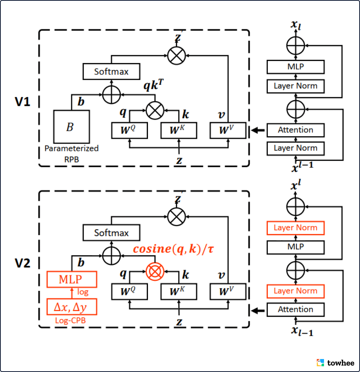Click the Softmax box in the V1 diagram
point(111,71)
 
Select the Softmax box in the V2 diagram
point(111,233)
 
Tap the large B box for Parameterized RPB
point(71,127)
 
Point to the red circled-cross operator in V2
point(155,271)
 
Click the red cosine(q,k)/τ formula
point(173,249)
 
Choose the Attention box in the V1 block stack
point(296,130)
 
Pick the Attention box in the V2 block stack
point(296,309)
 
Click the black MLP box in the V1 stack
point(296,67)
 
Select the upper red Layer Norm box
point(296,228)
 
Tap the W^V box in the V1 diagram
point(228,130)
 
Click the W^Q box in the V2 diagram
point(129,291)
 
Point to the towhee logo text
point(339,362)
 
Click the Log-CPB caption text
point(71,320)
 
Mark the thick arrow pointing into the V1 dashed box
point(257,130)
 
